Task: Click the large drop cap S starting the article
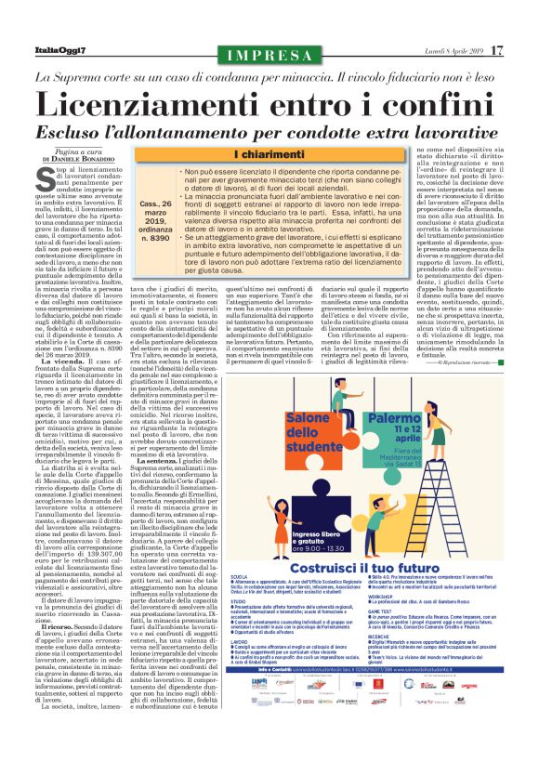tap(61, 176)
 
